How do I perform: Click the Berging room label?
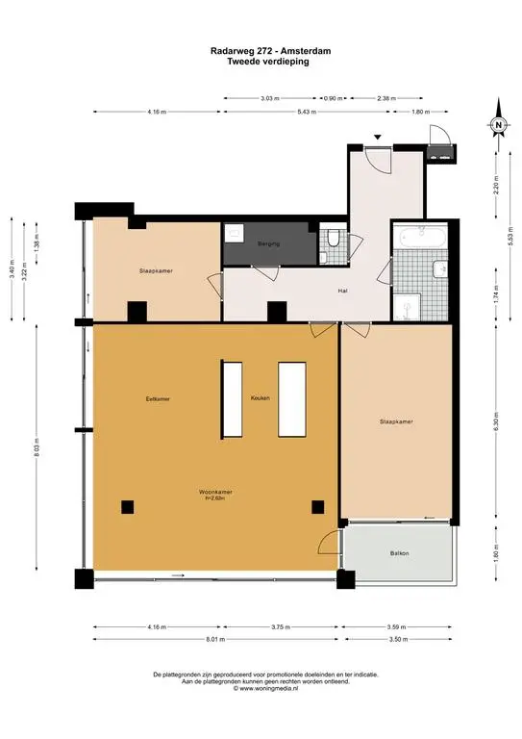tap(267, 244)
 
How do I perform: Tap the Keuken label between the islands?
tap(260, 397)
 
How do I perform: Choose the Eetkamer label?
tap(144, 397)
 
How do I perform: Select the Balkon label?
tap(399, 553)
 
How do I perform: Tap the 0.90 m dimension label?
tap(332, 98)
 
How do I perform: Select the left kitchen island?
tap(232, 397)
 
